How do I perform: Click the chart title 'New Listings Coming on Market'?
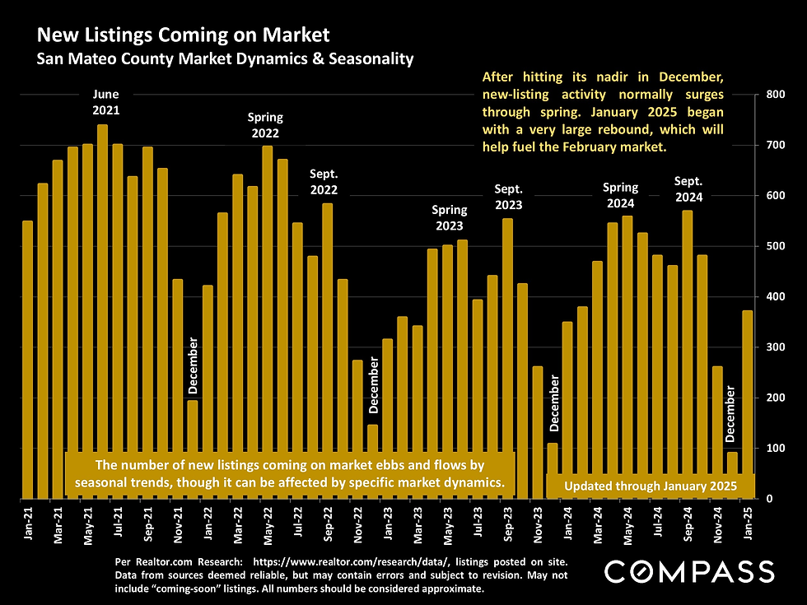[182, 35]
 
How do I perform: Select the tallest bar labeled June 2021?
[102, 313]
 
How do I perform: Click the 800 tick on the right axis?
[776, 95]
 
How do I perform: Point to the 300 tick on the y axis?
[776, 347]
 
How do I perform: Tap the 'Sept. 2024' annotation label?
[688, 189]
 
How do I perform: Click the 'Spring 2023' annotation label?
[449, 218]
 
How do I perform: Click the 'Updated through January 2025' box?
[650, 486]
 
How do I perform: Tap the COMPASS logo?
[689, 571]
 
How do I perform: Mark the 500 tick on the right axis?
[776, 246]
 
